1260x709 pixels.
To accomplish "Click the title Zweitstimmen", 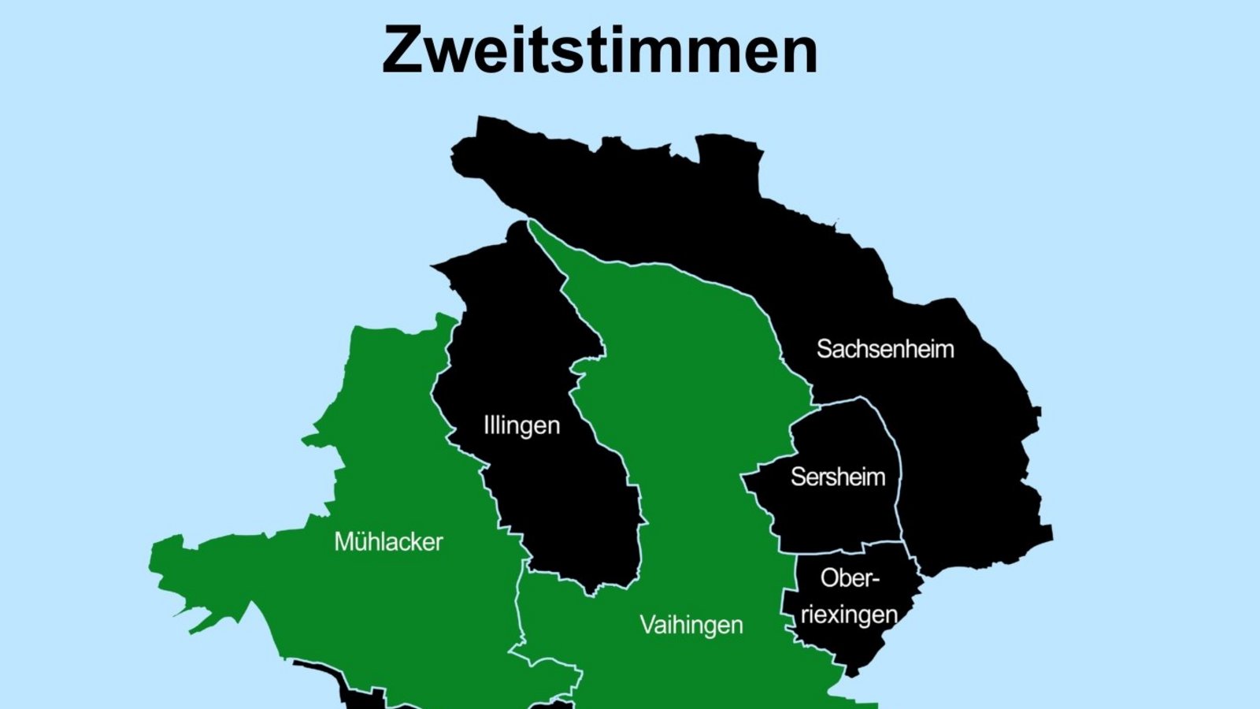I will click(599, 50).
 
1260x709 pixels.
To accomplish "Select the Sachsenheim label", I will click(884, 349).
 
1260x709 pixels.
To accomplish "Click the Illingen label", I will click(521, 426).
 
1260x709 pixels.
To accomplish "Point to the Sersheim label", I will click(837, 477).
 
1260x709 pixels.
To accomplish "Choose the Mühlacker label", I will click(388, 542).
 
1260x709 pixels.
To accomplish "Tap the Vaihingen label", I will click(691, 625).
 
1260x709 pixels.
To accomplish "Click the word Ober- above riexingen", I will click(849, 578).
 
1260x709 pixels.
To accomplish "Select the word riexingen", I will click(849, 614).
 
